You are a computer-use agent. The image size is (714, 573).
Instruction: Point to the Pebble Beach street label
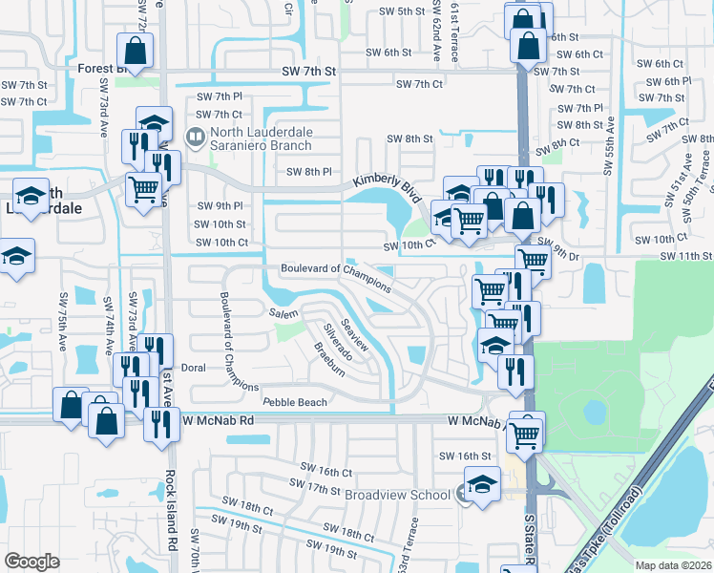pos(295,403)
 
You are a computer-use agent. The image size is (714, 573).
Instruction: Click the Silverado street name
pos(337,341)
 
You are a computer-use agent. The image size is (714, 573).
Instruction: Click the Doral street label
pos(193,367)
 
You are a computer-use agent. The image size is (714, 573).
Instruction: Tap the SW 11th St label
pos(686,256)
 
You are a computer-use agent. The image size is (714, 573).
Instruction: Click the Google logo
pos(31,562)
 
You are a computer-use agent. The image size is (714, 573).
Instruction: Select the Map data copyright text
pos(674,565)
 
